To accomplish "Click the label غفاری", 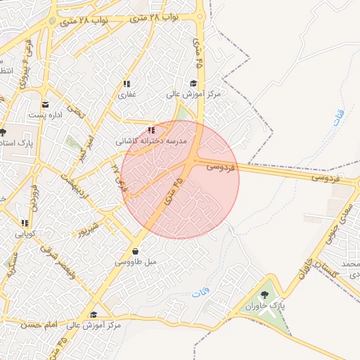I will point(127,94).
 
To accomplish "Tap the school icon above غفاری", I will point(127,84).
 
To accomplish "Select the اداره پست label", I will point(45,115).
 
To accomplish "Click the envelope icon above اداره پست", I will point(45,105).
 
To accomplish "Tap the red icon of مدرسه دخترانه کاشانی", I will point(151,130).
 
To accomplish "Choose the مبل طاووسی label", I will point(134,261).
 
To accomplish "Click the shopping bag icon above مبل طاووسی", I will point(134,251).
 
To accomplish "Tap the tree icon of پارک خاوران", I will point(265,296).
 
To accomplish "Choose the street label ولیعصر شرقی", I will point(58,258).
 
